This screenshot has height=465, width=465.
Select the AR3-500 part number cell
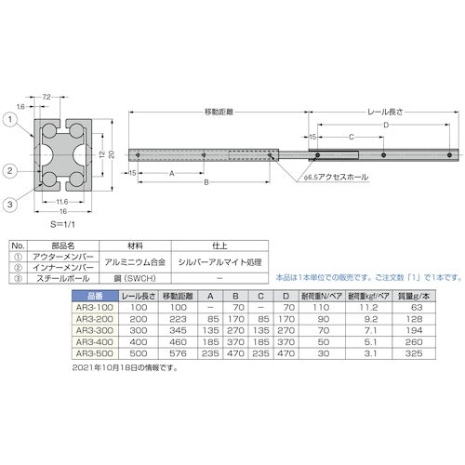90,353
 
